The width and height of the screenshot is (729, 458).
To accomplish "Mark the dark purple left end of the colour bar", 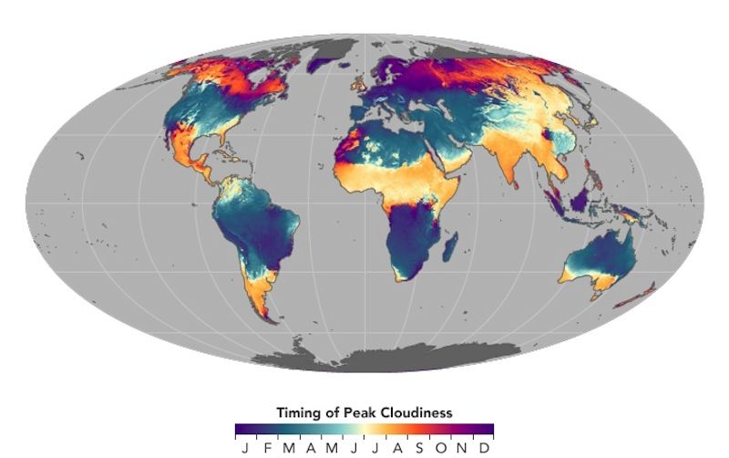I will [239, 429].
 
